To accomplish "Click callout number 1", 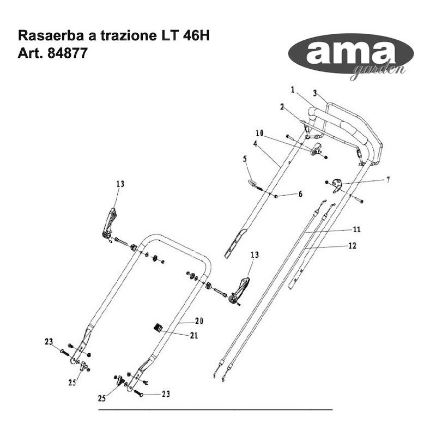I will (x=293, y=89).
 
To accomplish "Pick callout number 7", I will (x=387, y=179).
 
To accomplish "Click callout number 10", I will (x=259, y=132).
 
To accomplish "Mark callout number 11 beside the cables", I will (x=357, y=229).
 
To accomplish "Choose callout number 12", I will (x=352, y=246).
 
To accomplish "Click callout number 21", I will (x=193, y=336).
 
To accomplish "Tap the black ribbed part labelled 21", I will (x=158, y=328).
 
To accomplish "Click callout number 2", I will (x=282, y=107).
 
